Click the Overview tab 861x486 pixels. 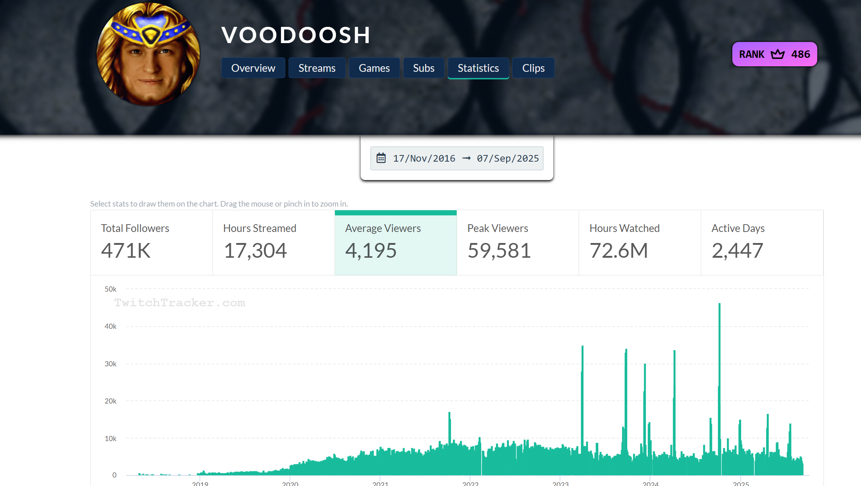[253, 68]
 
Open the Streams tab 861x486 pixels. [317, 68]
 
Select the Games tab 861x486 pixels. [374, 68]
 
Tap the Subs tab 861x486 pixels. [424, 68]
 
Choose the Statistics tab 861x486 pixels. [478, 68]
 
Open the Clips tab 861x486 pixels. [533, 68]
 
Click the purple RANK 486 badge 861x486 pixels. [774, 54]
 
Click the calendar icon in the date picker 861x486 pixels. [381, 158]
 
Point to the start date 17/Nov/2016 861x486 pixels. [424, 158]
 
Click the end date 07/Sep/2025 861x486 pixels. [508, 158]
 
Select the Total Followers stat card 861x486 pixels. [151, 243]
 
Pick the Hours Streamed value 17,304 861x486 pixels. [255, 251]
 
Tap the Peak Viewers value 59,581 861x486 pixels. [499, 251]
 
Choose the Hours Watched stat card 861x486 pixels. [640, 243]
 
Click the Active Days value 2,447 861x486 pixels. [737, 251]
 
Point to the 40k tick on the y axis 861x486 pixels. [110, 326]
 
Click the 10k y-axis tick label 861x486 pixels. [110, 439]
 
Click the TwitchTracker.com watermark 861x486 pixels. [179, 303]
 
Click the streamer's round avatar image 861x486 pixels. [148, 54]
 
